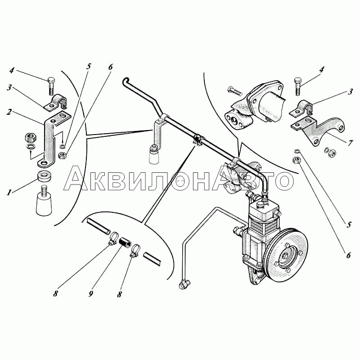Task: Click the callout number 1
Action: (9, 192)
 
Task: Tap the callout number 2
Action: (9, 112)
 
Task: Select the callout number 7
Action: (350, 143)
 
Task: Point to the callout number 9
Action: (91, 294)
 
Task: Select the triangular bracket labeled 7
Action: (318, 130)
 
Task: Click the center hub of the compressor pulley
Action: (286, 255)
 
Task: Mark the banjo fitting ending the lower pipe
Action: (183, 285)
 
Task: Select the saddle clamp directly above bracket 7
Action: (301, 108)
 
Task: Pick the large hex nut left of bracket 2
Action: (29, 138)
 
